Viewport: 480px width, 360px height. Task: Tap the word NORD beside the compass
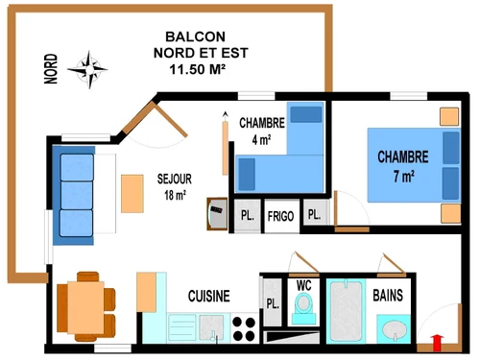[52, 69]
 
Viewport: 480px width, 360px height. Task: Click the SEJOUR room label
[176, 179]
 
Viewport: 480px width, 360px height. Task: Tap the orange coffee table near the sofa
[131, 193]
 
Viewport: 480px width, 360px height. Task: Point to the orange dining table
[82, 306]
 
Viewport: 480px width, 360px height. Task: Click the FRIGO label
[280, 215]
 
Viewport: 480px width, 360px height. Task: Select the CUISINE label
[208, 297]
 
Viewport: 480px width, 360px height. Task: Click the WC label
[303, 285]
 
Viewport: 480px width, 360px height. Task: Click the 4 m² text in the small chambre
[261, 140]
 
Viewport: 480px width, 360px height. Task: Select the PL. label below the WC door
[273, 304]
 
